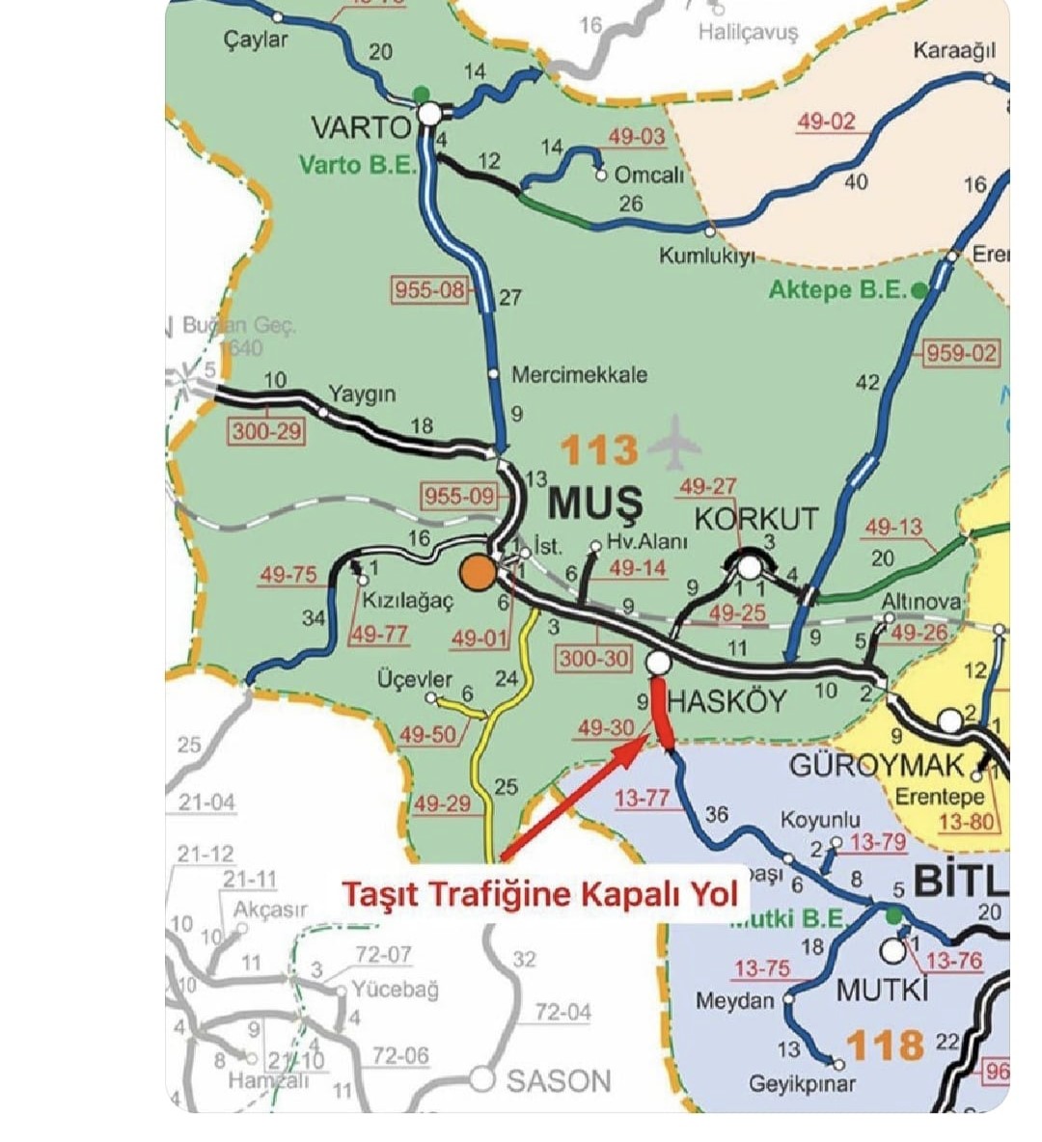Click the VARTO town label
[361, 127]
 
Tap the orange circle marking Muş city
[478, 572]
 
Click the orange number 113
[599, 450]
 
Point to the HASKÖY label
[727, 701]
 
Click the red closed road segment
[661, 711]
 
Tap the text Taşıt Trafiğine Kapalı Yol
[539, 893]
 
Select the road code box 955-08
[430, 288]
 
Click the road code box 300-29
[266, 430]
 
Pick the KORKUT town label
[756, 518]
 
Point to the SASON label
[559, 1081]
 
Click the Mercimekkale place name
[579, 374]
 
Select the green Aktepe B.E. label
[837, 289]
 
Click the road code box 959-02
[960, 353]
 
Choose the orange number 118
[885, 1046]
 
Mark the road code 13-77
[642, 798]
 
